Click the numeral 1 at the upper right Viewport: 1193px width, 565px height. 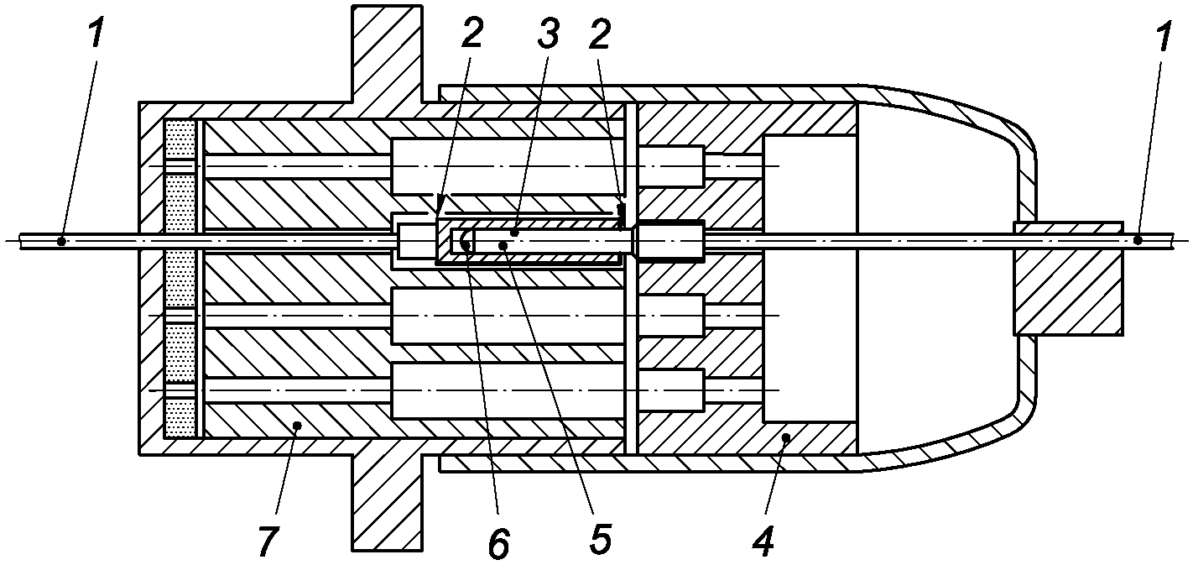coord(1163,36)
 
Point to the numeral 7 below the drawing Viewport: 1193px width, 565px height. coord(268,541)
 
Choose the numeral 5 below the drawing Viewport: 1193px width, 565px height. coord(600,540)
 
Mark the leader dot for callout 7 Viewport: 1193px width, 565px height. coord(298,425)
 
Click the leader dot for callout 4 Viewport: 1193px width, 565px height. coord(785,437)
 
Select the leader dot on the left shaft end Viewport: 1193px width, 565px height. coord(61,242)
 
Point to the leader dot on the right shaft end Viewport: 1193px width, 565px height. coord(1138,240)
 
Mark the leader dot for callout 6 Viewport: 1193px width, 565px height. coord(466,244)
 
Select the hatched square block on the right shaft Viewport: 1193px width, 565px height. coord(1068,278)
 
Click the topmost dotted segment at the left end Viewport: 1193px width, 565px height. coord(180,139)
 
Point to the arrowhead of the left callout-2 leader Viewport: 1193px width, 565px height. coord(440,204)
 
